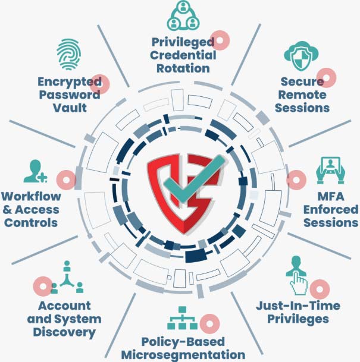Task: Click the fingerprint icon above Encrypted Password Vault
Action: click(x=70, y=55)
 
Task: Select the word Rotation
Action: click(x=182, y=68)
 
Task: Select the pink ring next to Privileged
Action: click(x=221, y=40)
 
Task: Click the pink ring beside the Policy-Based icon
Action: click(x=208, y=325)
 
